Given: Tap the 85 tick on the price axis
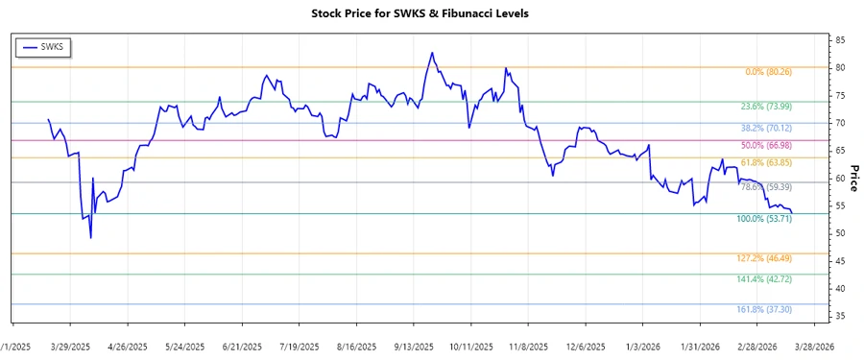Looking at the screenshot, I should [x=840, y=40].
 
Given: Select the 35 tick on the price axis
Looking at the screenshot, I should [x=840, y=316].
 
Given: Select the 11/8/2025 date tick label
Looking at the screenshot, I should [x=528, y=346].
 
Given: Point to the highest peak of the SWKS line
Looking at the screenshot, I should [x=432, y=53].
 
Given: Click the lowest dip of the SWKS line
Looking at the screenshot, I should [x=90, y=237].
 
